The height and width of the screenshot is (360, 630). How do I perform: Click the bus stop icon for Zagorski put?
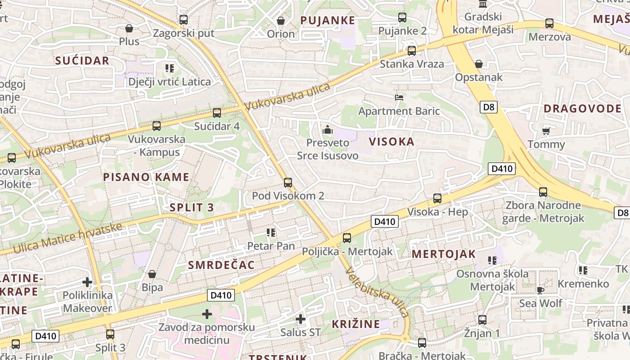(183, 20)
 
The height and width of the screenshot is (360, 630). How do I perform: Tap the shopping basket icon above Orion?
(281, 21)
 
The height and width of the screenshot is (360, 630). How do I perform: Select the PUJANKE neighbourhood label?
(328, 20)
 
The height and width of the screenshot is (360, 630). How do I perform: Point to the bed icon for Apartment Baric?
(399, 97)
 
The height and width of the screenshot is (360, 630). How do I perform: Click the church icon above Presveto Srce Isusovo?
(328, 130)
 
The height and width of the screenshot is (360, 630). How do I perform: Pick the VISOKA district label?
(391, 142)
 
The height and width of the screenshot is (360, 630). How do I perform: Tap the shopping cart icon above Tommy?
(546, 131)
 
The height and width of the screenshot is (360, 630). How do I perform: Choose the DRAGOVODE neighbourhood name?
(582, 108)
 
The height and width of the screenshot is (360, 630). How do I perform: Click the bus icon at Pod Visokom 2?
(288, 182)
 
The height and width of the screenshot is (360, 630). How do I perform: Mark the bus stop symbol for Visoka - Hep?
(437, 198)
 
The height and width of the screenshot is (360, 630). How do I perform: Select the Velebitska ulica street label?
(377, 292)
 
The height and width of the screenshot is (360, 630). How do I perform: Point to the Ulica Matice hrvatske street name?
(67, 238)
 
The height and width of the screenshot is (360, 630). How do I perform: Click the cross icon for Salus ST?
(300, 319)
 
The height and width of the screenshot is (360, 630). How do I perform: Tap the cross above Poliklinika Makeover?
(87, 282)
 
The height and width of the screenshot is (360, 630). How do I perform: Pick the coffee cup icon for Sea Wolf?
(540, 290)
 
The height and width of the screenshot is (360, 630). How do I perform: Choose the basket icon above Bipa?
(152, 274)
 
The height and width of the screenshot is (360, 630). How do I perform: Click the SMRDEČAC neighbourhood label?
(221, 265)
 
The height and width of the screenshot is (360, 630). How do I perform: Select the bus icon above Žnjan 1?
(482, 320)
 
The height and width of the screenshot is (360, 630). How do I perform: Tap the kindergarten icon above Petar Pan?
(270, 232)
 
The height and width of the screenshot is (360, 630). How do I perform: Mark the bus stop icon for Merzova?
(549, 23)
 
